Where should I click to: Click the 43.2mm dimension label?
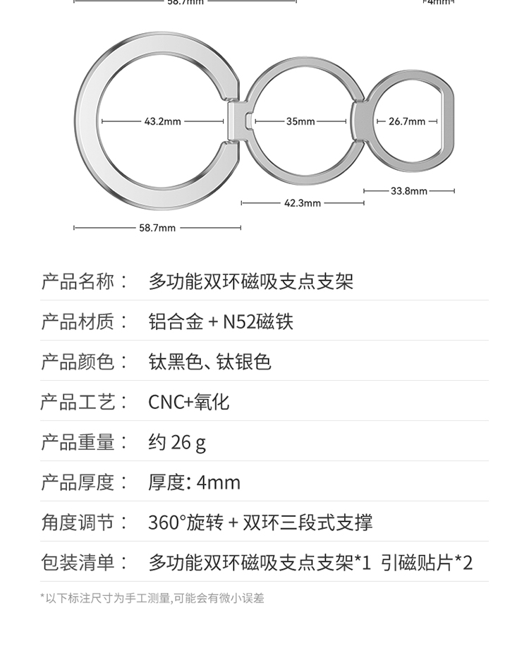(x=163, y=121)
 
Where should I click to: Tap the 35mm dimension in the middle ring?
(x=300, y=121)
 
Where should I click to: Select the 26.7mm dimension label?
(x=407, y=121)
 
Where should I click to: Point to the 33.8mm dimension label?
(x=409, y=191)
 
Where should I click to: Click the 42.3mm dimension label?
(x=303, y=203)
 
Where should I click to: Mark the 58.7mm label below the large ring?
(x=157, y=228)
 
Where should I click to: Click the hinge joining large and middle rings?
(x=238, y=121)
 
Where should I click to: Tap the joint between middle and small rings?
(x=358, y=121)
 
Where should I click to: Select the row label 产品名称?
(x=78, y=282)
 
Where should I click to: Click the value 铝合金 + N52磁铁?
(x=221, y=322)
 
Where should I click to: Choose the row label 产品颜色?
(x=78, y=362)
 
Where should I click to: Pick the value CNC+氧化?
(x=188, y=403)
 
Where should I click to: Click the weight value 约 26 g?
(x=177, y=443)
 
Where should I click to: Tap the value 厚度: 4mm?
(x=194, y=483)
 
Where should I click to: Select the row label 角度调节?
(x=78, y=523)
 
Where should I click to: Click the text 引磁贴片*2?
(x=427, y=563)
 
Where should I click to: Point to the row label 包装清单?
(x=78, y=563)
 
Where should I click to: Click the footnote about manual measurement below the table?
(x=152, y=598)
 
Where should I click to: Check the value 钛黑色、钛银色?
(x=209, y=362)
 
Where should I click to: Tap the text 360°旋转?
(x=186, y=523)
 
